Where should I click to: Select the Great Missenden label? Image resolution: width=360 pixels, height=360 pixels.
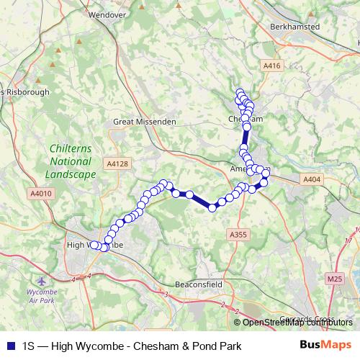(x=145, y=122)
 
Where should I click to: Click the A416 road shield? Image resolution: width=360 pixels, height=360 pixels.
(x=271, y=66)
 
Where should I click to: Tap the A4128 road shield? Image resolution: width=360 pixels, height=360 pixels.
(x=118, y=164)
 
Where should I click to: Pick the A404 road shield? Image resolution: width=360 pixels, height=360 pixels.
(x=311, y=179)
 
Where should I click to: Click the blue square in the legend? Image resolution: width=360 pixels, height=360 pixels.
(x=11, y=346)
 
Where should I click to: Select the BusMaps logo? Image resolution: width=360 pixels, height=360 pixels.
(x=325, y=345)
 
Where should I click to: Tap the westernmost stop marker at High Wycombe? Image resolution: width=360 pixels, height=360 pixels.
(x=94, y=245)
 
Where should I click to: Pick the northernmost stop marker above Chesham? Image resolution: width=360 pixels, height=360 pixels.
(x=240, y=93)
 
